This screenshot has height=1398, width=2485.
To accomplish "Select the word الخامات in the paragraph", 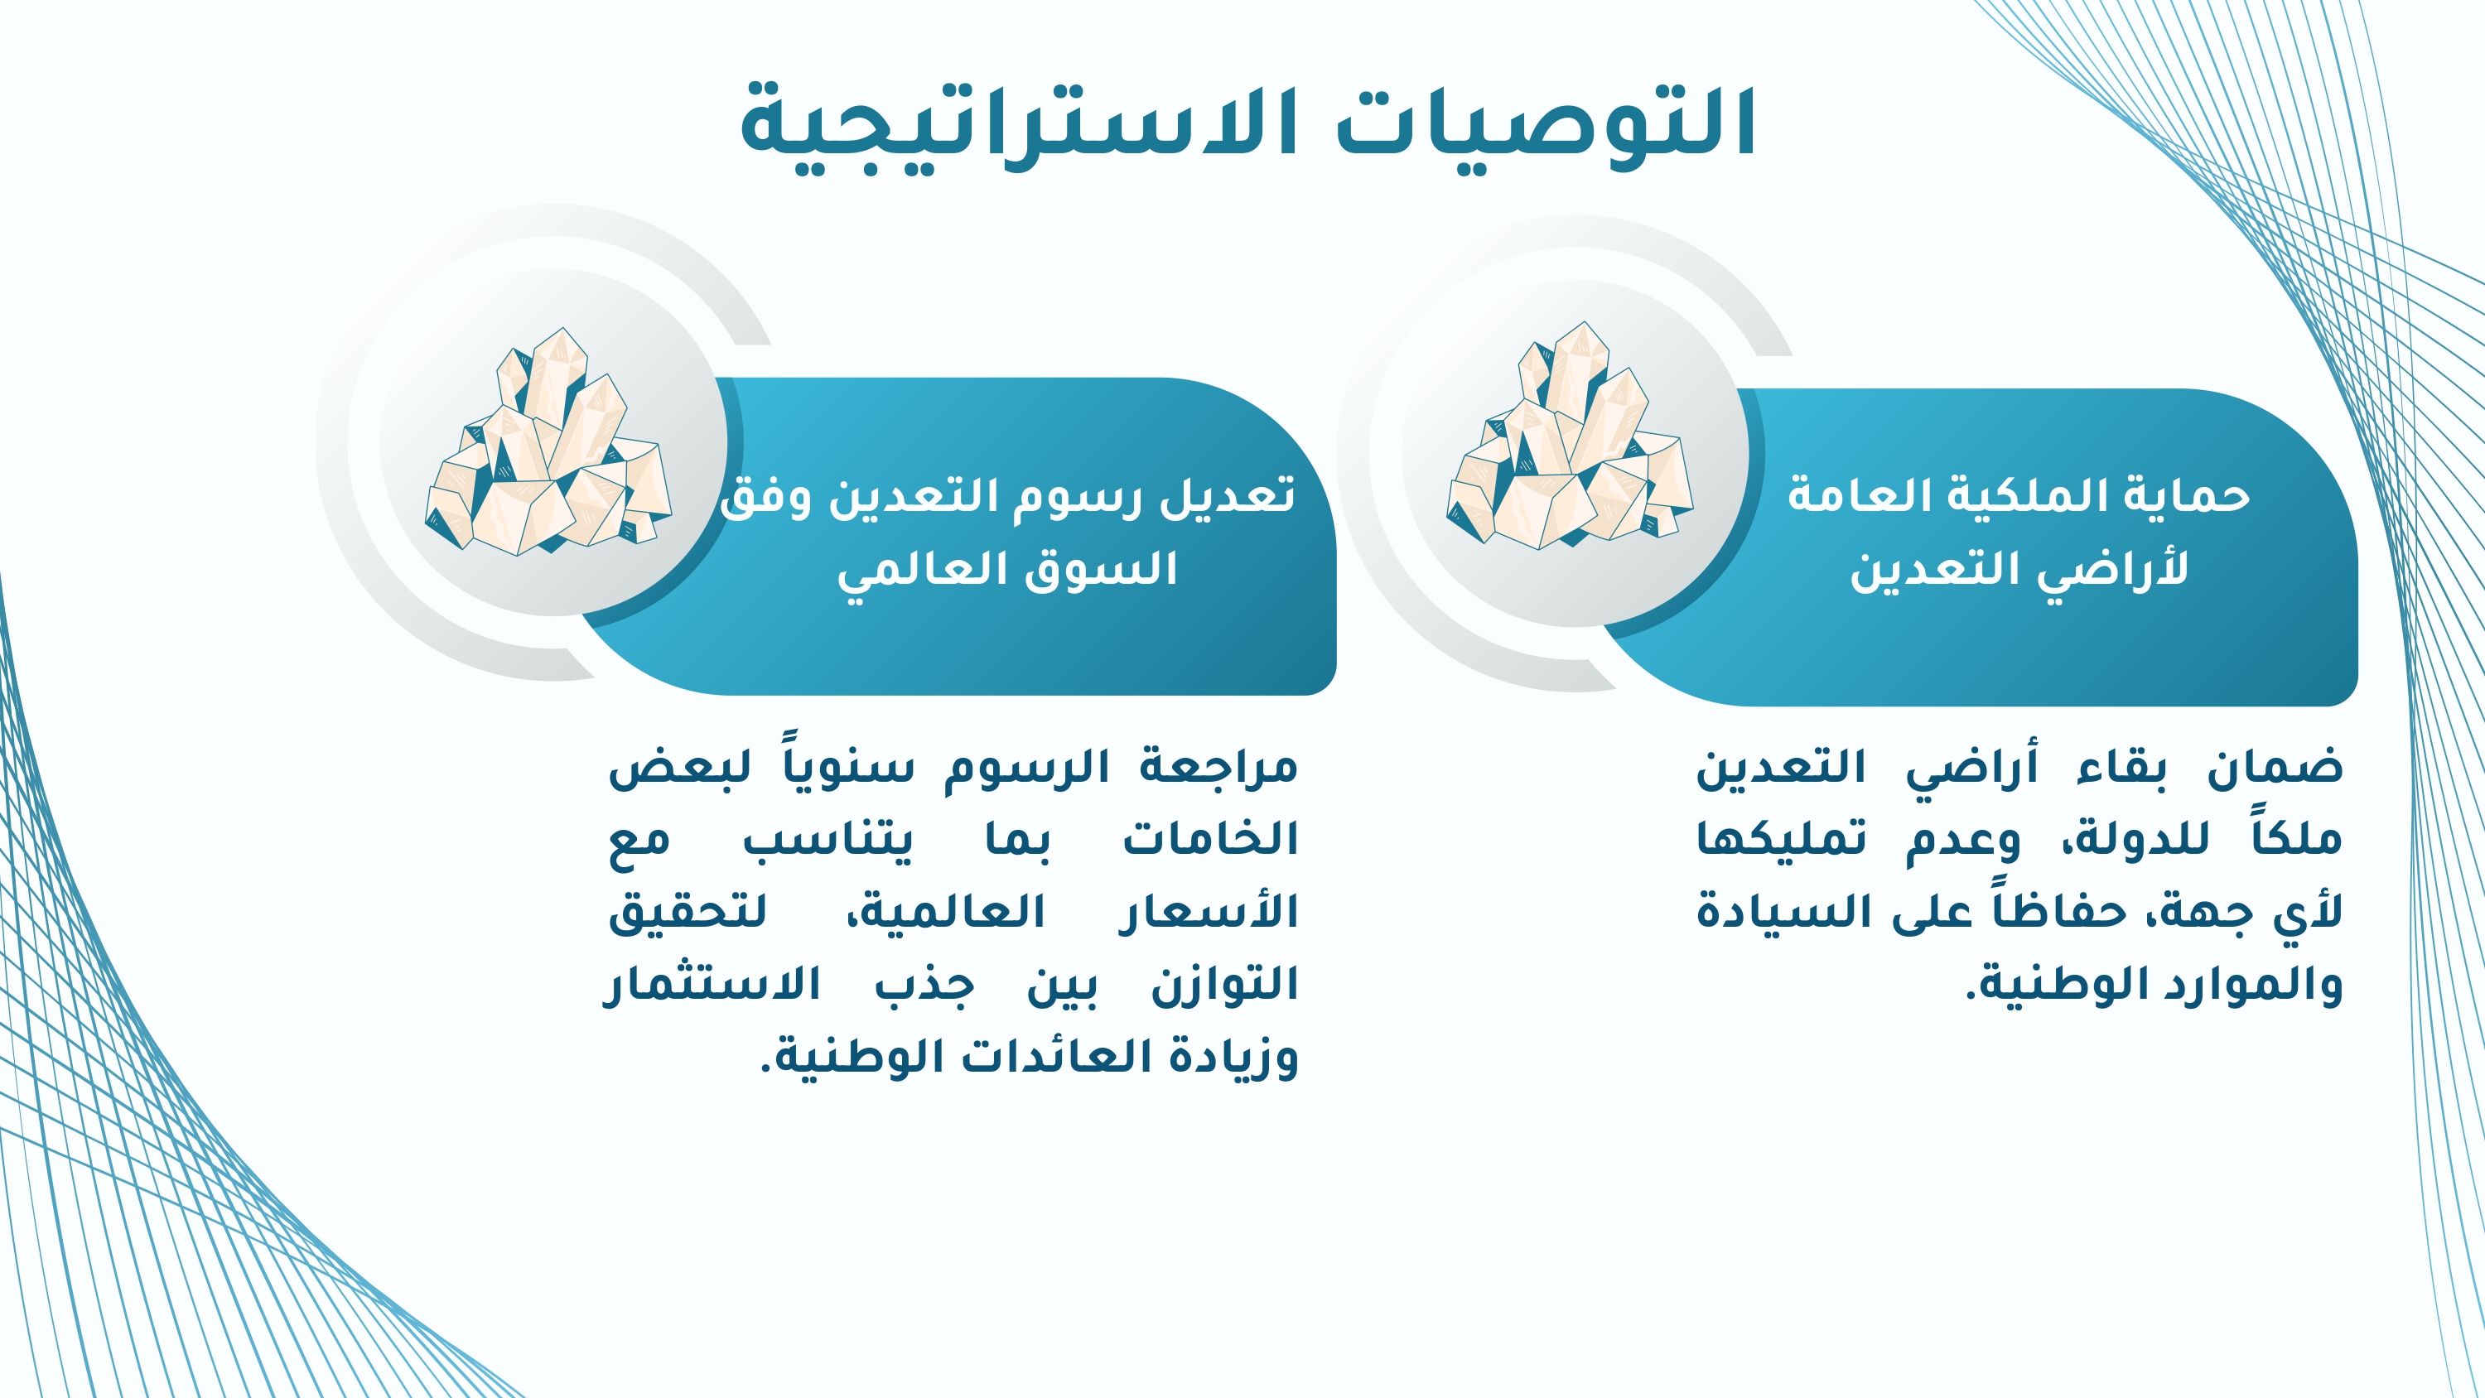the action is tap(1211, 837).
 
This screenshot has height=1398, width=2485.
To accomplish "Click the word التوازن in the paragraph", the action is tap(1225, 984).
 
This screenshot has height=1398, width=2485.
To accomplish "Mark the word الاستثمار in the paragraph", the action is tap(711, 984).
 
